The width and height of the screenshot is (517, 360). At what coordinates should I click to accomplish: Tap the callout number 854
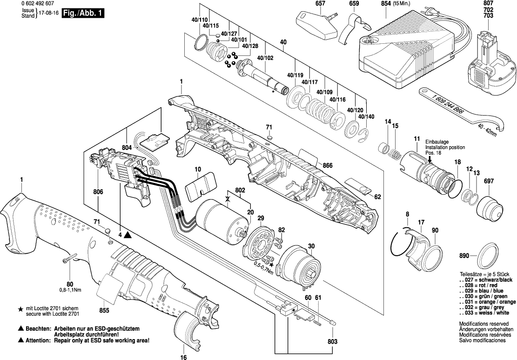(385, 4)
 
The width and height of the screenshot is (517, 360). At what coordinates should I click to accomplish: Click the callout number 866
(328, 165)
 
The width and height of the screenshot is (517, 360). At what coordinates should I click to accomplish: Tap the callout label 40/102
(265, 58)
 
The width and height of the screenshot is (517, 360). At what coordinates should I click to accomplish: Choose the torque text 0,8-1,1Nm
(69, 290)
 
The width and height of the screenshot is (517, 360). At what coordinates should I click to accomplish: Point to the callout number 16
(183, 357)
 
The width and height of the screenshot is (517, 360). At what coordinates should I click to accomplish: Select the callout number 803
(332, 342)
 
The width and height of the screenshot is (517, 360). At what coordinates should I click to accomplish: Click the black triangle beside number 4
(128, 235)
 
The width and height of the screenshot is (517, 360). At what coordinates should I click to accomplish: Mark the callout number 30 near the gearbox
(311, 246)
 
